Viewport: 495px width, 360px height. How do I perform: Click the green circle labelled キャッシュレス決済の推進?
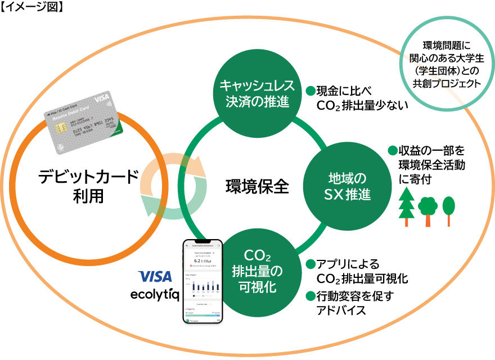pyautogui.click(x=256, y=93)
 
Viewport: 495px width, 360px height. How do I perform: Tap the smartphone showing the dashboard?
pyautogui.click(x=203, y=281)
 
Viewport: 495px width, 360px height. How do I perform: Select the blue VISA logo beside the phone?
pyautogui.click(x=155, y=277)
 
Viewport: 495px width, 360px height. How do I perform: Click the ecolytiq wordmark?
pyautogui.click(x=155, y=294)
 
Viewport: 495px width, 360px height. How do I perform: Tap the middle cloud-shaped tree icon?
pyautogui.click(x=427, y=208)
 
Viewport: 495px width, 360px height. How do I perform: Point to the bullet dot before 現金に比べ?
pyautogui.click(x=309, y=90)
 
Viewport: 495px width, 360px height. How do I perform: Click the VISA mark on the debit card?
pyautogui.click(x=102, y=97)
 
